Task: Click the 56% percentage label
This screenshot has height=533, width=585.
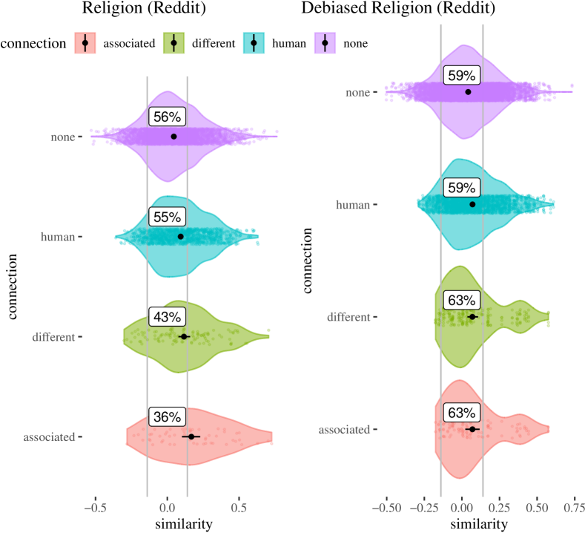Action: (x=166, y=117)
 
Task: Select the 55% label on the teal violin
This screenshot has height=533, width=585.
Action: (x=166, y=218)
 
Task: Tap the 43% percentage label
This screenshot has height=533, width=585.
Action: (x=166, y=317)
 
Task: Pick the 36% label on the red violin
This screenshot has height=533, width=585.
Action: (x=166, y=417)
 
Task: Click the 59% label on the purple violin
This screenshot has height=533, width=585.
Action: (x=461, y=76)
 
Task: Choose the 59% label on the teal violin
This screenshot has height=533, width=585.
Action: (x=461, y=189)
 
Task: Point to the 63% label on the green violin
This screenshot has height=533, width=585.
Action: (x=461, y=301)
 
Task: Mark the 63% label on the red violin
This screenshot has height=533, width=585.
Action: (x=461, y=413)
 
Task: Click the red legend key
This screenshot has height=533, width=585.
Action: (x=85, y=43)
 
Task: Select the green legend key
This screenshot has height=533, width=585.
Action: (x=173, y=43)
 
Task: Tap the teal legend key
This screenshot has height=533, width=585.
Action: (x=254, y=43)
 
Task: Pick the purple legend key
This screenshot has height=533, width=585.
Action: (x=325, y=43)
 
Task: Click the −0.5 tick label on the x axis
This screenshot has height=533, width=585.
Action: (x=95, y=509)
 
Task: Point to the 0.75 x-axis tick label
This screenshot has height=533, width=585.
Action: (x=574, y=509)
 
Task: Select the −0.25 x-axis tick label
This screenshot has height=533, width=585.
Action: (x=423, y=509)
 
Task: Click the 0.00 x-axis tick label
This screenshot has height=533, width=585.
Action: (x=461, y=509)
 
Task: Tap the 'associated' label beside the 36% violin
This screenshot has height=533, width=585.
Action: (x=49, y=437)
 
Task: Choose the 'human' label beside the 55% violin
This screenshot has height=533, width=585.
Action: (x=58, y=237)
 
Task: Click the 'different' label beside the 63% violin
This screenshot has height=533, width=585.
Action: (x=348, y=317)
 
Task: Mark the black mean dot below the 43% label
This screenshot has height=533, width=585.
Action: (x=184, y=336)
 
